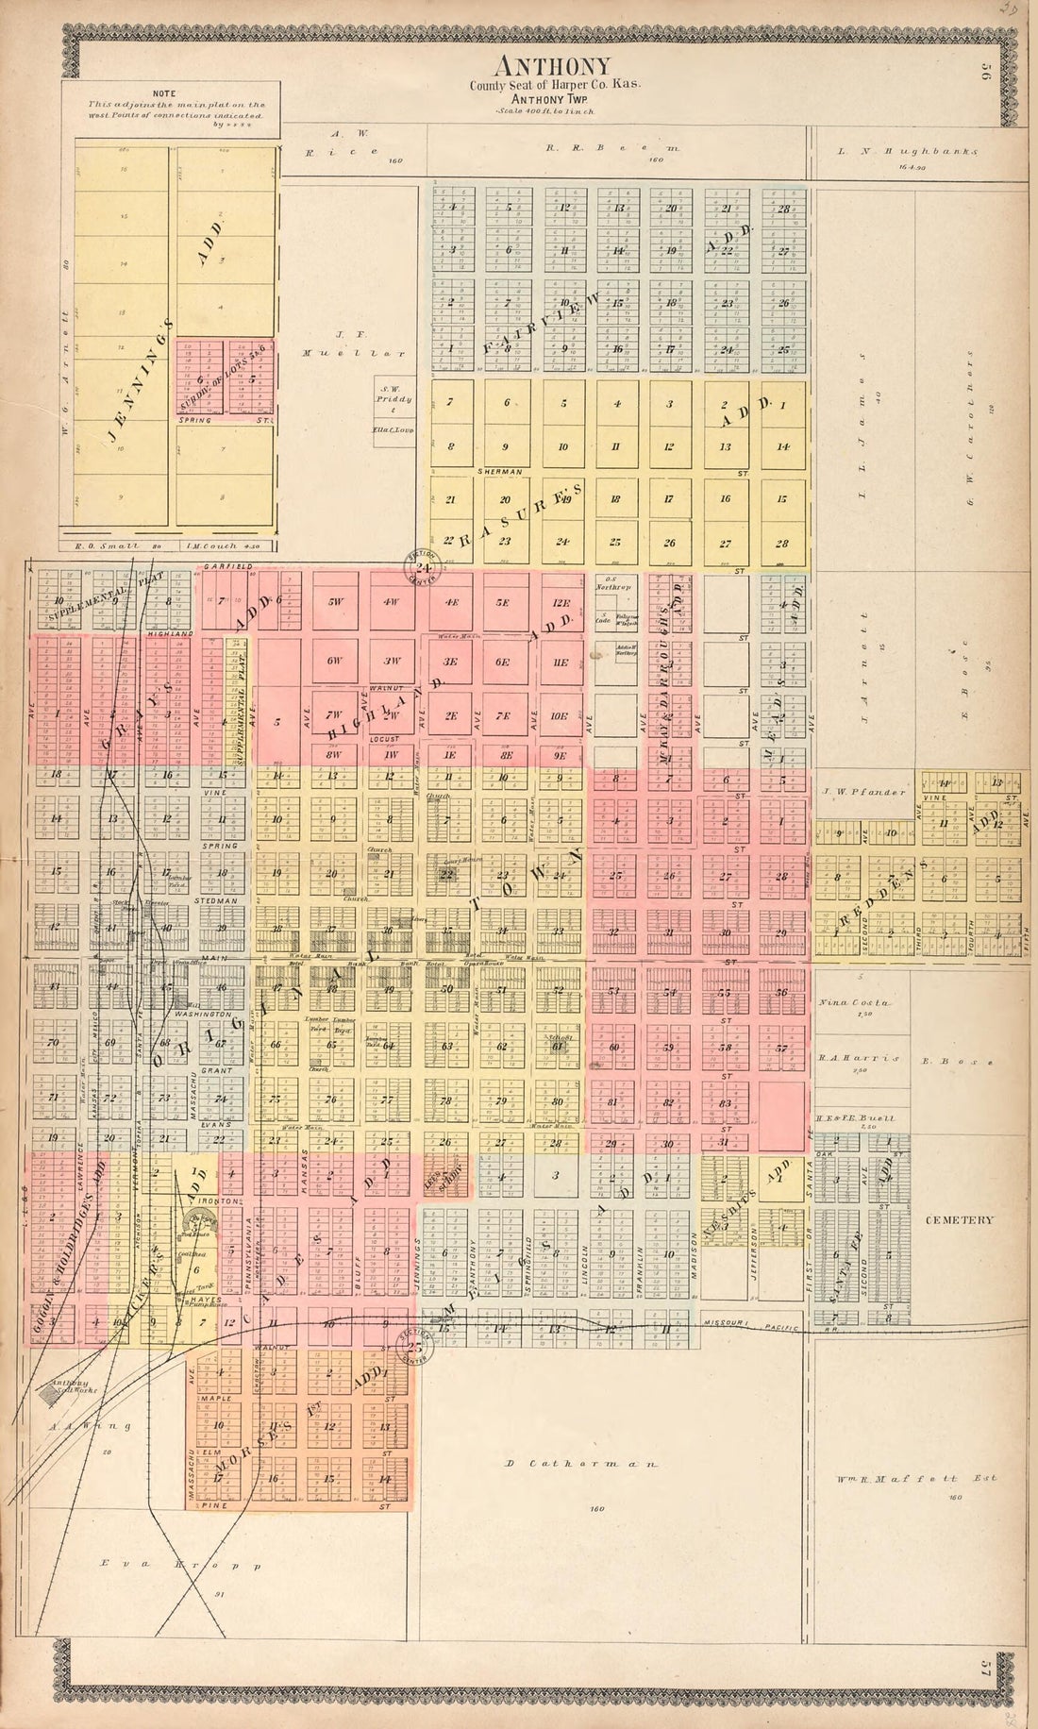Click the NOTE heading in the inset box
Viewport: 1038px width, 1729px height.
click(164, 93)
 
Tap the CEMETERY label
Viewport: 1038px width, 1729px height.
click(959, 1219)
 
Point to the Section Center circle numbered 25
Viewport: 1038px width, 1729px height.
click(413, 1346)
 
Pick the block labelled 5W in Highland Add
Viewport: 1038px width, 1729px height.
click(335, 602)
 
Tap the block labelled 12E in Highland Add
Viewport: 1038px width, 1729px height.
click(561, 602)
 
